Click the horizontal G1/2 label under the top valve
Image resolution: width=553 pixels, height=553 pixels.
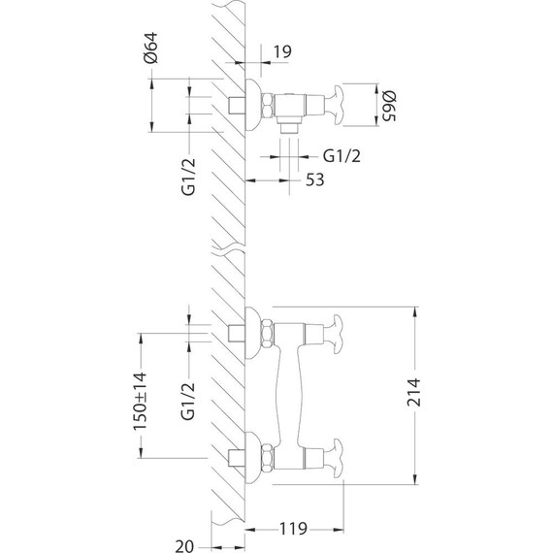pyautogui.click(x=342, y=155)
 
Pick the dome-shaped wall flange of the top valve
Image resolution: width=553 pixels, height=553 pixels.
pyautogui.click(x=255, y=103)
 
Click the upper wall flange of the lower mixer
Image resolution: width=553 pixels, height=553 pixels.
pyautogui.click(x=256, y=334)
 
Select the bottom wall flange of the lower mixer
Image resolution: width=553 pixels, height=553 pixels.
pyautogui.click(x=256, y=456)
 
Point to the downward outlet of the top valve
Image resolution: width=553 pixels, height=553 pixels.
pyautogui.click(x=287, y=125)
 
